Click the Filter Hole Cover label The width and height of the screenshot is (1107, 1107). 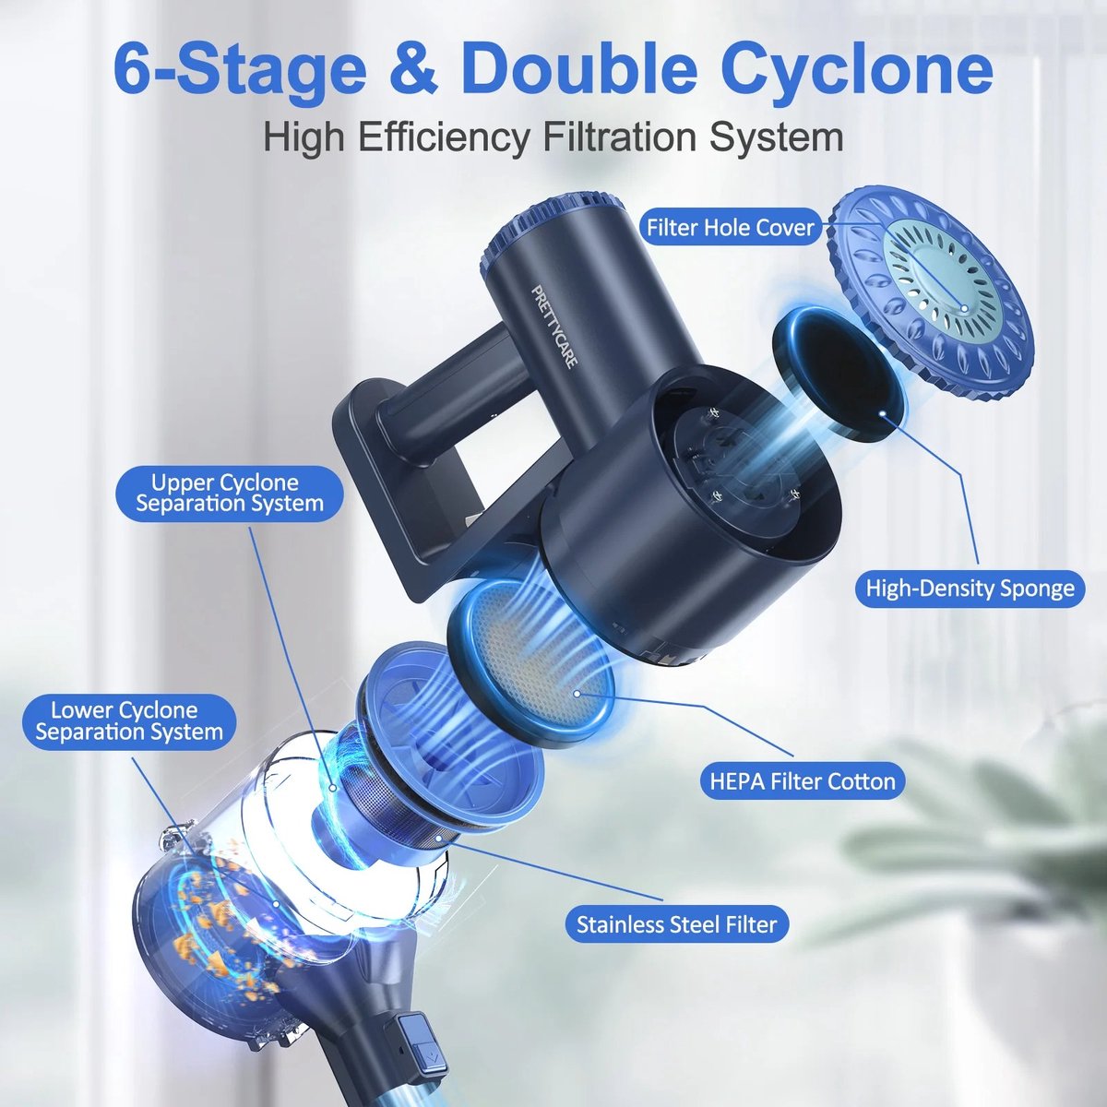[730, 228]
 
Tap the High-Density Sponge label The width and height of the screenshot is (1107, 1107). [970, 588]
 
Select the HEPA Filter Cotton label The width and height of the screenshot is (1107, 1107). [802, 781]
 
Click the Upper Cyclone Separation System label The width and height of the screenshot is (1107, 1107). [230, 493]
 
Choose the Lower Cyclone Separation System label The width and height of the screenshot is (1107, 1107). [129, 721]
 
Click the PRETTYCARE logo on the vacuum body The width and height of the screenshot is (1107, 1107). [554, 327]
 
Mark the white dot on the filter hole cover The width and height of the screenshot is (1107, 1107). [963, 309]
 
